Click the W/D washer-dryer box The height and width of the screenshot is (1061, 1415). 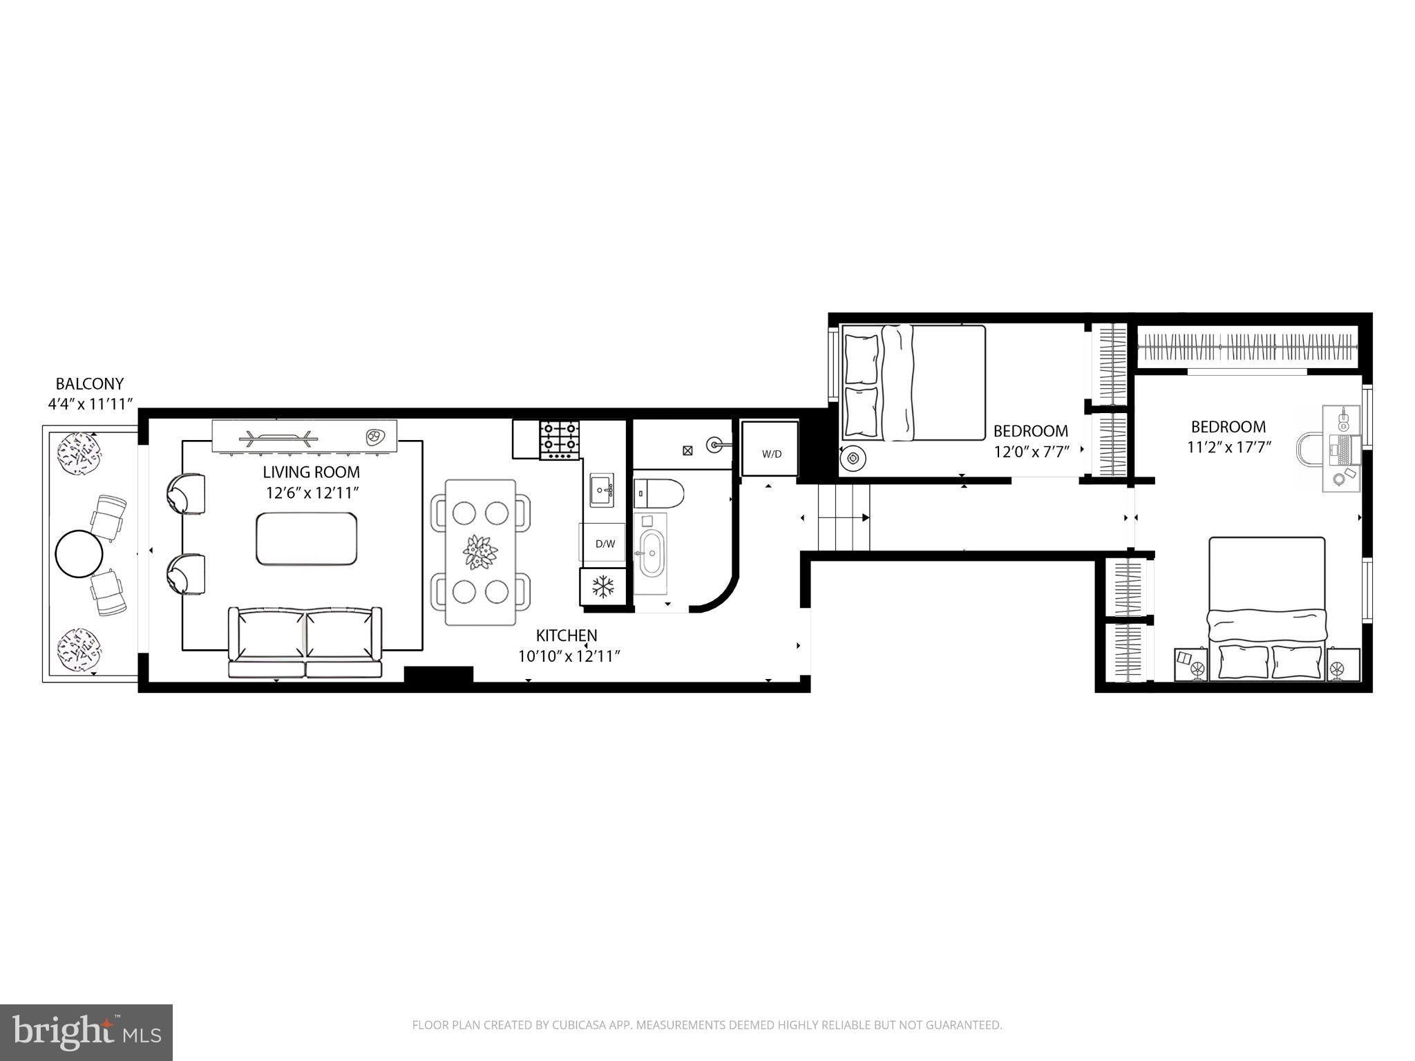tap(770, 449)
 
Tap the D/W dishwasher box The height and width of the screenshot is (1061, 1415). tap(605, 544)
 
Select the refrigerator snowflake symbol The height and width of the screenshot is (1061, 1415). tap(603, 587)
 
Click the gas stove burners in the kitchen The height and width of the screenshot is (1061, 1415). tap(560, 440)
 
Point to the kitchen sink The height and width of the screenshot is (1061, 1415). tap(602, 490)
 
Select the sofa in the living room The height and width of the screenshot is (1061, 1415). tap(305, 642)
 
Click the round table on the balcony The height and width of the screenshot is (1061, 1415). tap(79, 553)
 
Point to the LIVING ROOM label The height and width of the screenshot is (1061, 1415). tap(311, 472)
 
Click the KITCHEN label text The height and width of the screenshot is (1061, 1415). tap(567, 635)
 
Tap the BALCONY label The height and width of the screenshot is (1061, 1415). tap(90, 384)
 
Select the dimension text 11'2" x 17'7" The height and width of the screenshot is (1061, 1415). tap(1229, 448)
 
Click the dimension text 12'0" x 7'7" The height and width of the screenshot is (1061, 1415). tap(1032, 452)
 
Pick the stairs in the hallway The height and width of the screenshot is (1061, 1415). tap(844, 517)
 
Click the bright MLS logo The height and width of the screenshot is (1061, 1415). tap(86, 1033)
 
